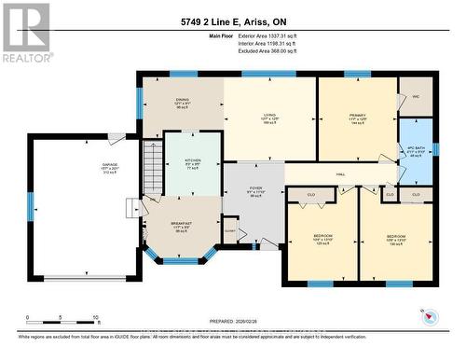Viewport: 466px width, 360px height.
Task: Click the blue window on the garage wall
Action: pyautogui.click(x=32, y=206)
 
